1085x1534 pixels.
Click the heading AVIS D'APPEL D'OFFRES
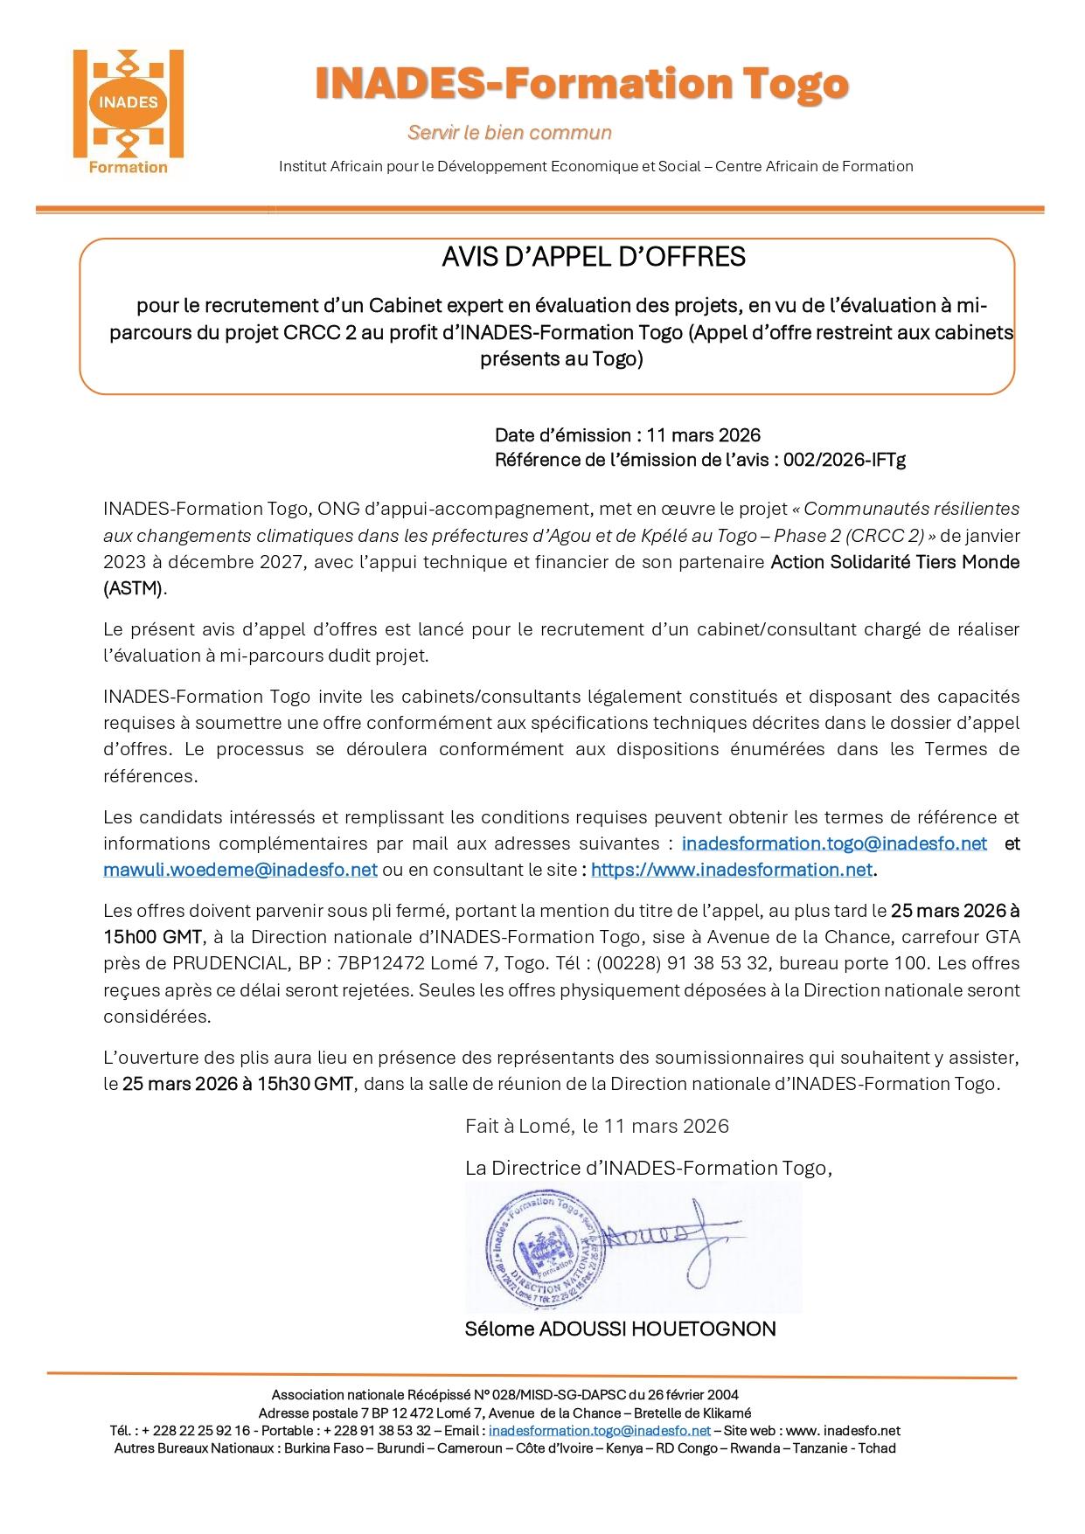coord(593,257)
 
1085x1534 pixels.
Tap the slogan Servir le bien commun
coord(509,133)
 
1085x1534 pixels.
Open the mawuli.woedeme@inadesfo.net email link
coord(240,870)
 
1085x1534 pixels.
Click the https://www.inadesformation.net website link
coord(732,870)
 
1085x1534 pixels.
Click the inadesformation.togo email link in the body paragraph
coord(834,843)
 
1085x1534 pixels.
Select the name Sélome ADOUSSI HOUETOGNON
coord(620,1329)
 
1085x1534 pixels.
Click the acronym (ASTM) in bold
coord(133,588)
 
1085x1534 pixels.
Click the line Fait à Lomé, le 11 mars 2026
coord(596,1126)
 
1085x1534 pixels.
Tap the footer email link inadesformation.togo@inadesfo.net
coord(599,1431)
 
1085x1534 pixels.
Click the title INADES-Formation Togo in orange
coord(581,85)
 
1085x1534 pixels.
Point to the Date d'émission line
coord(627,435)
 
